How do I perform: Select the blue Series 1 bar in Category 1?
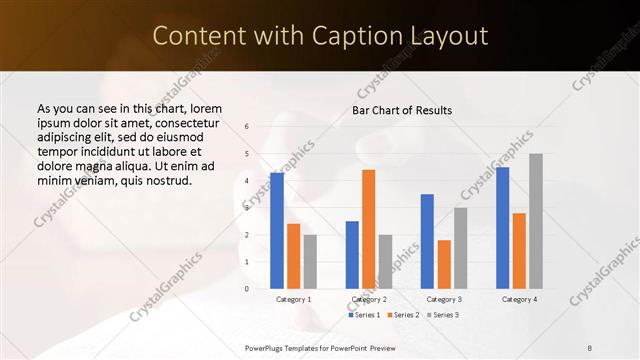click(276, 230)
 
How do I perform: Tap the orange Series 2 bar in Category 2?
click(368, 229)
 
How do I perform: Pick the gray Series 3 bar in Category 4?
click(536, 221)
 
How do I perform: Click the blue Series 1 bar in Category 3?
click(427, 241)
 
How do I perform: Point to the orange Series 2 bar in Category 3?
click(444, 264)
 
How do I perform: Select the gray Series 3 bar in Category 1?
click(310, 261)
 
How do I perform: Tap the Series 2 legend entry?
click(402, 315)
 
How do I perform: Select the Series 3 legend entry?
click(442, 315)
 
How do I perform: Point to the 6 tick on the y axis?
click(247, 127)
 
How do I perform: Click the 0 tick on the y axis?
click(247, 289)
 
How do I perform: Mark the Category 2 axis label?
click(368, 299)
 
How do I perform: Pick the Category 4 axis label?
click(519, 299)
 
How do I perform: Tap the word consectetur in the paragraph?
click(194, 123)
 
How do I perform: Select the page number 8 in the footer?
click(590, 346)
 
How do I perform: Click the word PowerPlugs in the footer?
click(267, 346)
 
